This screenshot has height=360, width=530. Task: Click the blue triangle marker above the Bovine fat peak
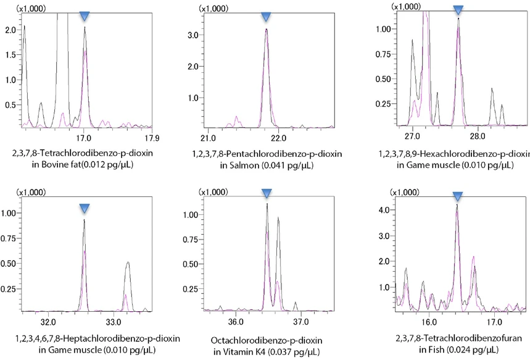click(85, 16)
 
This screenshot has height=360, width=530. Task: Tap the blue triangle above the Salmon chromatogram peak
click(266, 17)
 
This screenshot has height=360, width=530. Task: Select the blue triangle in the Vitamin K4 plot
click(267, 193)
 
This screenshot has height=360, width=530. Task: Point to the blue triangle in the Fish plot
click(457, 196)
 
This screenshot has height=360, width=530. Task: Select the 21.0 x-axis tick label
click(208, 137)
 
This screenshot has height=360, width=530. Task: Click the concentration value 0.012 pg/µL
click(112, 165)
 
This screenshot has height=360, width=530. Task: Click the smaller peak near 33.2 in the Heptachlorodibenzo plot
click(128, 264)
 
